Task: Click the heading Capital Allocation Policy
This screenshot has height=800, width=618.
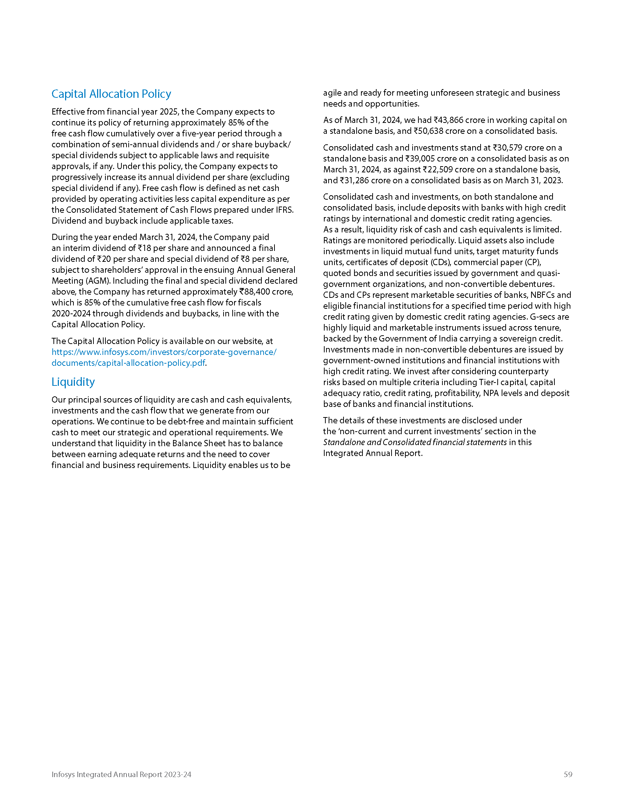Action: (111, 94)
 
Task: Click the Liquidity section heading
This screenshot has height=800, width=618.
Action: (73, 382)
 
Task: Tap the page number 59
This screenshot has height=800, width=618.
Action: (568, 774)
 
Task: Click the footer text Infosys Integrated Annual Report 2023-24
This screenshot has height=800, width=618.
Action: (121, 774)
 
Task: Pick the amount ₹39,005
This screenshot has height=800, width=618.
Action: (420, 159)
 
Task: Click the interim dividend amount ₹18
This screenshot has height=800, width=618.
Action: (144, 248)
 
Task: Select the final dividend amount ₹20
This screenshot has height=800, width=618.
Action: (104, 259)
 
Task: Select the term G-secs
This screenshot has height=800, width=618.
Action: (543, 317)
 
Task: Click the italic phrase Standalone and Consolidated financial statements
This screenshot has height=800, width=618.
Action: (415, 442)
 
